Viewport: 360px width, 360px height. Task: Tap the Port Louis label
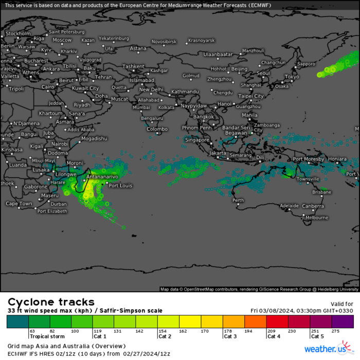[121, 186]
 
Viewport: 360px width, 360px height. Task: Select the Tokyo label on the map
[291, 77]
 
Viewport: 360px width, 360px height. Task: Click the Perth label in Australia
[238, 200]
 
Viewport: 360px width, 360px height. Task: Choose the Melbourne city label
[316, 218]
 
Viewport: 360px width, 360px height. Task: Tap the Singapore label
[197, 140]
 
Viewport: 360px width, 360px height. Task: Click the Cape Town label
[19, 204]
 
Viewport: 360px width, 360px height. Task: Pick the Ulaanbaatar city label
[218, 54]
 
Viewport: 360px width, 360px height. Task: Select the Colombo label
[157, 129]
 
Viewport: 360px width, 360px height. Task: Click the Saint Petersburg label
[66, 31]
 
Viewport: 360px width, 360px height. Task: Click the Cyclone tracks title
[51, 302]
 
